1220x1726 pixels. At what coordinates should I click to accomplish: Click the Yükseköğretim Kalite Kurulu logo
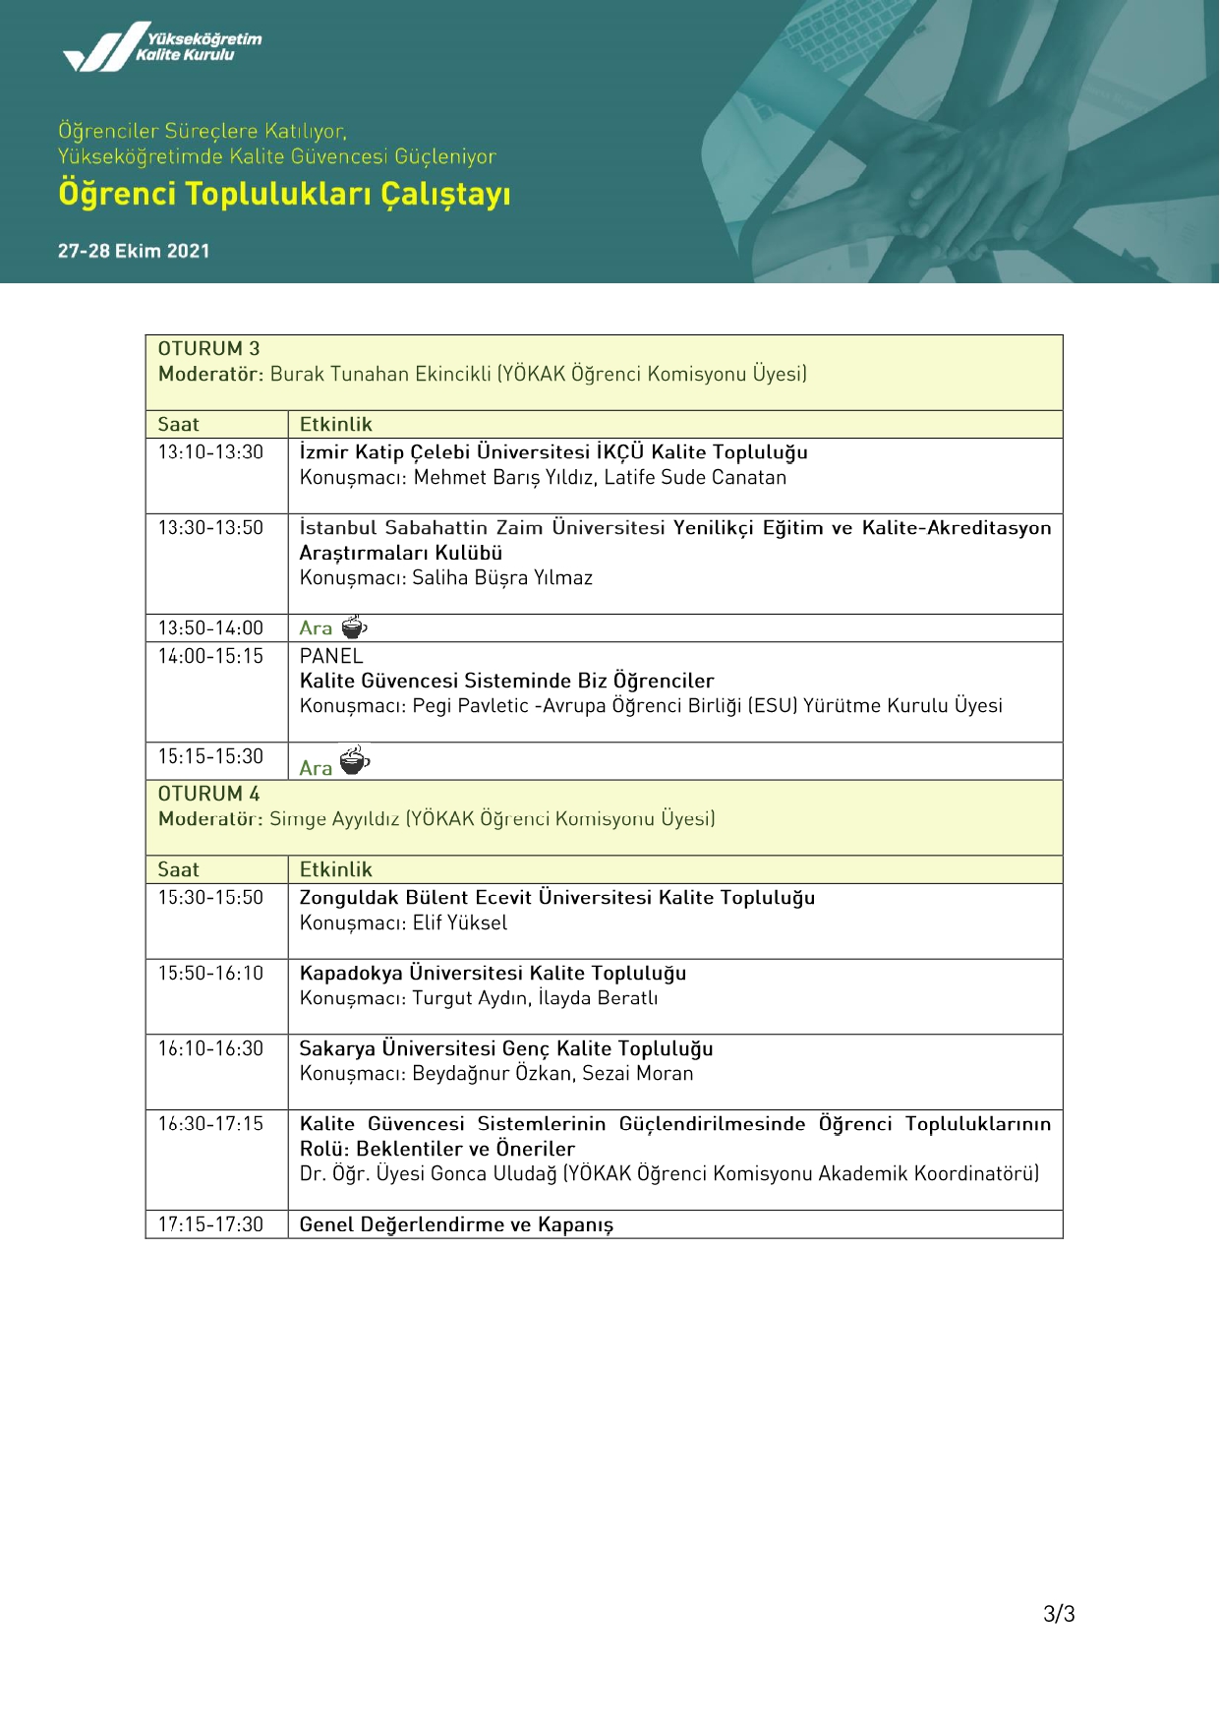pyautogui.click(x=162, y=47)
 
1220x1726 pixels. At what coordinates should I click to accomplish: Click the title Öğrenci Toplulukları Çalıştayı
pyautogui.click(x=284, y=194)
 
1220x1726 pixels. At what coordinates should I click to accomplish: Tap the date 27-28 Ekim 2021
pyautogui.click(x=134, y=251)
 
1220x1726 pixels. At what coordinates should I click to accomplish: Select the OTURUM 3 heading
pyautogui.click(x=208, y=349)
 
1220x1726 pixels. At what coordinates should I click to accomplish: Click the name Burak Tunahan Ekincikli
pyautogui.click(x=380, y=375)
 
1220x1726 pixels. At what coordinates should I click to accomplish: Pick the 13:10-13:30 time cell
pyautogui.click(x=210, y=452)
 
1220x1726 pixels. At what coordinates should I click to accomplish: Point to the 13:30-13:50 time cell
pyautogui.click(x=210, y=528)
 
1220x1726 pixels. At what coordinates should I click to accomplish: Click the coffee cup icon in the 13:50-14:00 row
pyautogui.click(x=354, y=627)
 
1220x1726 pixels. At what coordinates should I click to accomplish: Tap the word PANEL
pyautogui.click(x=331, y=656)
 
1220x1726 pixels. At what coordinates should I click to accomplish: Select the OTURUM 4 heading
pyautogui.click(x=208, y=794)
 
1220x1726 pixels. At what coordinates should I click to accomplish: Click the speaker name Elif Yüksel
pyautogui.click(x=460, y=923)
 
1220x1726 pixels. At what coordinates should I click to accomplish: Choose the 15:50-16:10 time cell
pyautogui.click(x=210, y=974)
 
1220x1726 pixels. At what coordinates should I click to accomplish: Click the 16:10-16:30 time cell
pyautogui.click(x=210, y=1049)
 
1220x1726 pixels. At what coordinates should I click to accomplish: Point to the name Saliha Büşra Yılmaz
pyautogui.click(x=502, y=578)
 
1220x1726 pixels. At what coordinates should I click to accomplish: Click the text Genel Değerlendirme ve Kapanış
pyautogui.click(x=456, y=1225)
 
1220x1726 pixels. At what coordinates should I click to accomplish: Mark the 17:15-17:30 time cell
pyautogui.click(x=210, y=1225)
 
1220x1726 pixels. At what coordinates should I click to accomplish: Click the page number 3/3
pyautogui.click(x=1059, y=1614)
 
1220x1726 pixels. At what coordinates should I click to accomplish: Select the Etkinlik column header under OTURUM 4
pyautogui.click(x=336, y=870)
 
